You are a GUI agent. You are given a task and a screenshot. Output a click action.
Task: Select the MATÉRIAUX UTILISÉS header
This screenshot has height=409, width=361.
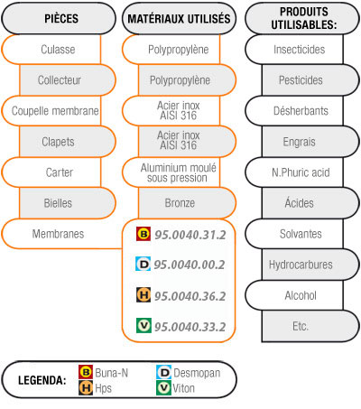(x=179, y=19)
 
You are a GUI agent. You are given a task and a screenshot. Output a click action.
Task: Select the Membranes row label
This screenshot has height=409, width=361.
(x=58, y=234)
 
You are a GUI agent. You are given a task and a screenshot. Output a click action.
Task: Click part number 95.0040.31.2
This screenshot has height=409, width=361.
(x=190, y=235)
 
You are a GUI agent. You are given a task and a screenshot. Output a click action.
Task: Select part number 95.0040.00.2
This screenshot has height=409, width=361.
(x=190, y=265)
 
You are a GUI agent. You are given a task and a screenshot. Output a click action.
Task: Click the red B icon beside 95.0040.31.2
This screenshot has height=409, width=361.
(x=143, y=234)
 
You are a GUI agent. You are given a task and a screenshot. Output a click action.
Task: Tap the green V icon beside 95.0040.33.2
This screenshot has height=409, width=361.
(x=143, y=325)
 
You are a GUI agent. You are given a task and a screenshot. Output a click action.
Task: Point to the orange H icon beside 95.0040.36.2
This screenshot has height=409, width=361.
(x=143, y=295)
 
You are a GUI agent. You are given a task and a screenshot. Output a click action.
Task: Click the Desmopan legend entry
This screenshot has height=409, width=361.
(x=189, y=373)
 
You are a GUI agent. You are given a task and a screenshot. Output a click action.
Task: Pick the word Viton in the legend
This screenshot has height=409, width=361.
(x=183, y=388)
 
